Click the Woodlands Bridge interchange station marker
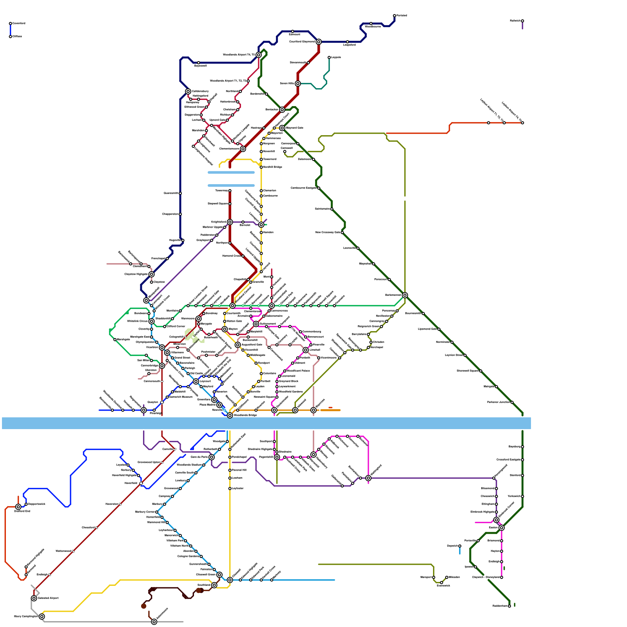[230, 415]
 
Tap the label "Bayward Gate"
[295, 128]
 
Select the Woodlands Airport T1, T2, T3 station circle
[248, 81]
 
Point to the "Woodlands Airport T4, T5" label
[239, 55]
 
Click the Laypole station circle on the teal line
[329, 58]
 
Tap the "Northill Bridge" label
[273, 167]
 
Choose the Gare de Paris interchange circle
[212, 457]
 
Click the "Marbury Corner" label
[145, 512]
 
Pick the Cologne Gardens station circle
[201, 556]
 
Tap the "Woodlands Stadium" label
[189, 465]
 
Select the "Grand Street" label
[182, 357]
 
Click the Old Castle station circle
[188, 373]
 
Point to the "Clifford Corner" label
[176, 326]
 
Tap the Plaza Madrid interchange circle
[219, 405]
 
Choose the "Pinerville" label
[319, 344]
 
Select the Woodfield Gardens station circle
[277, 392]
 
